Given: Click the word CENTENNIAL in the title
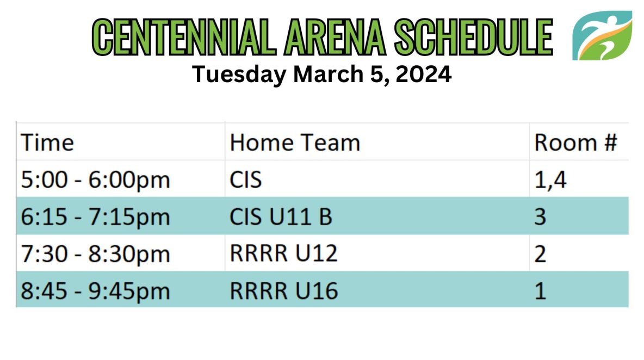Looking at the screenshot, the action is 184,38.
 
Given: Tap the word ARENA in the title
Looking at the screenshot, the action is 335,38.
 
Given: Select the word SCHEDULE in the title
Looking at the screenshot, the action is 474,38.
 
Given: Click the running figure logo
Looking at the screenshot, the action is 602,36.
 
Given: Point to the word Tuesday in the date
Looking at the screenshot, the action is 239,75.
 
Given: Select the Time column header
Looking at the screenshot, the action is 47,142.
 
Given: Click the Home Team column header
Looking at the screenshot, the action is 295,142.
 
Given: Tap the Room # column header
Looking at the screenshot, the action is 575,142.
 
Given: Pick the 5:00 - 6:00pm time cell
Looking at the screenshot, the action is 95,180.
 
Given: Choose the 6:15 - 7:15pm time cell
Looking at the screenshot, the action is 95,217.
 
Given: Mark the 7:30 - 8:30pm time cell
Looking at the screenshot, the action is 95,253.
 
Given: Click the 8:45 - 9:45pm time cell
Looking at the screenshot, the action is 95,291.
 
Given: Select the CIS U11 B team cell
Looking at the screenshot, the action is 281,216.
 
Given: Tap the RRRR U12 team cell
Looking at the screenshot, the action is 283,253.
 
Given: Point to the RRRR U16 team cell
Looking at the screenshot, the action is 283,290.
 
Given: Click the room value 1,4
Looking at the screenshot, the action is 550,180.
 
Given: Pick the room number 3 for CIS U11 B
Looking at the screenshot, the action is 540,216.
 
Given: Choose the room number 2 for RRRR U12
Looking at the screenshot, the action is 540,253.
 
